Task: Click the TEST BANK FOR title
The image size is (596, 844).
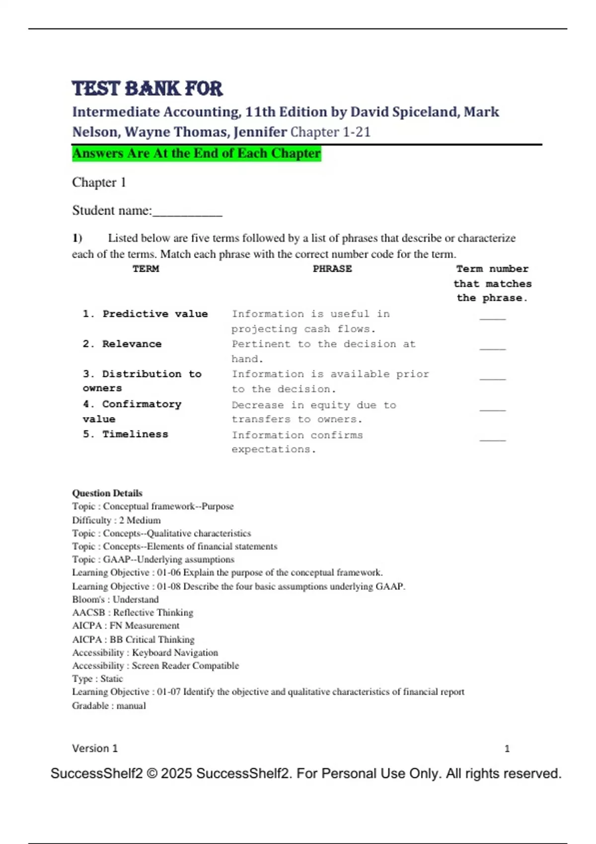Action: (147, 89)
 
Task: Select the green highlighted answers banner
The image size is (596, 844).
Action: (197, 153)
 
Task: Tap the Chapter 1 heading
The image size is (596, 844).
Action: (99, 183)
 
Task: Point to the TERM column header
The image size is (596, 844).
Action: (146, 269)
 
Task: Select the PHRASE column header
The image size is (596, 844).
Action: (332, 269)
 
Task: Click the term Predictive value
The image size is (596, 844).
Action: (154, 314)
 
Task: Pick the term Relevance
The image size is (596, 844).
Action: (132, 344)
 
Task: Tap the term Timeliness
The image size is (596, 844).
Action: (135, 434)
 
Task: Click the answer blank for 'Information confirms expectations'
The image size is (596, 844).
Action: (492, 439)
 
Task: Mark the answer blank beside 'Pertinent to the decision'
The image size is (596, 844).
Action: (492, 348)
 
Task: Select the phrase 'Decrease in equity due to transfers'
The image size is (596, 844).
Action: (313, 412)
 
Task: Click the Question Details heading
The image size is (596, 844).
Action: (107, 493)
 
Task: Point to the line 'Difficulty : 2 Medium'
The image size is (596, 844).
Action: (116, 520)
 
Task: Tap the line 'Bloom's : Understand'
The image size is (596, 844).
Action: (115, 599)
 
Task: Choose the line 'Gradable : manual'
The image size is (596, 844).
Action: (109, 705)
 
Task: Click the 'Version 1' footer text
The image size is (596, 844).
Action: (95, 748)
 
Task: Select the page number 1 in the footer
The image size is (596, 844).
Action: (507, 749)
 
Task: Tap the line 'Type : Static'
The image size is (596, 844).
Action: (97, 679)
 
